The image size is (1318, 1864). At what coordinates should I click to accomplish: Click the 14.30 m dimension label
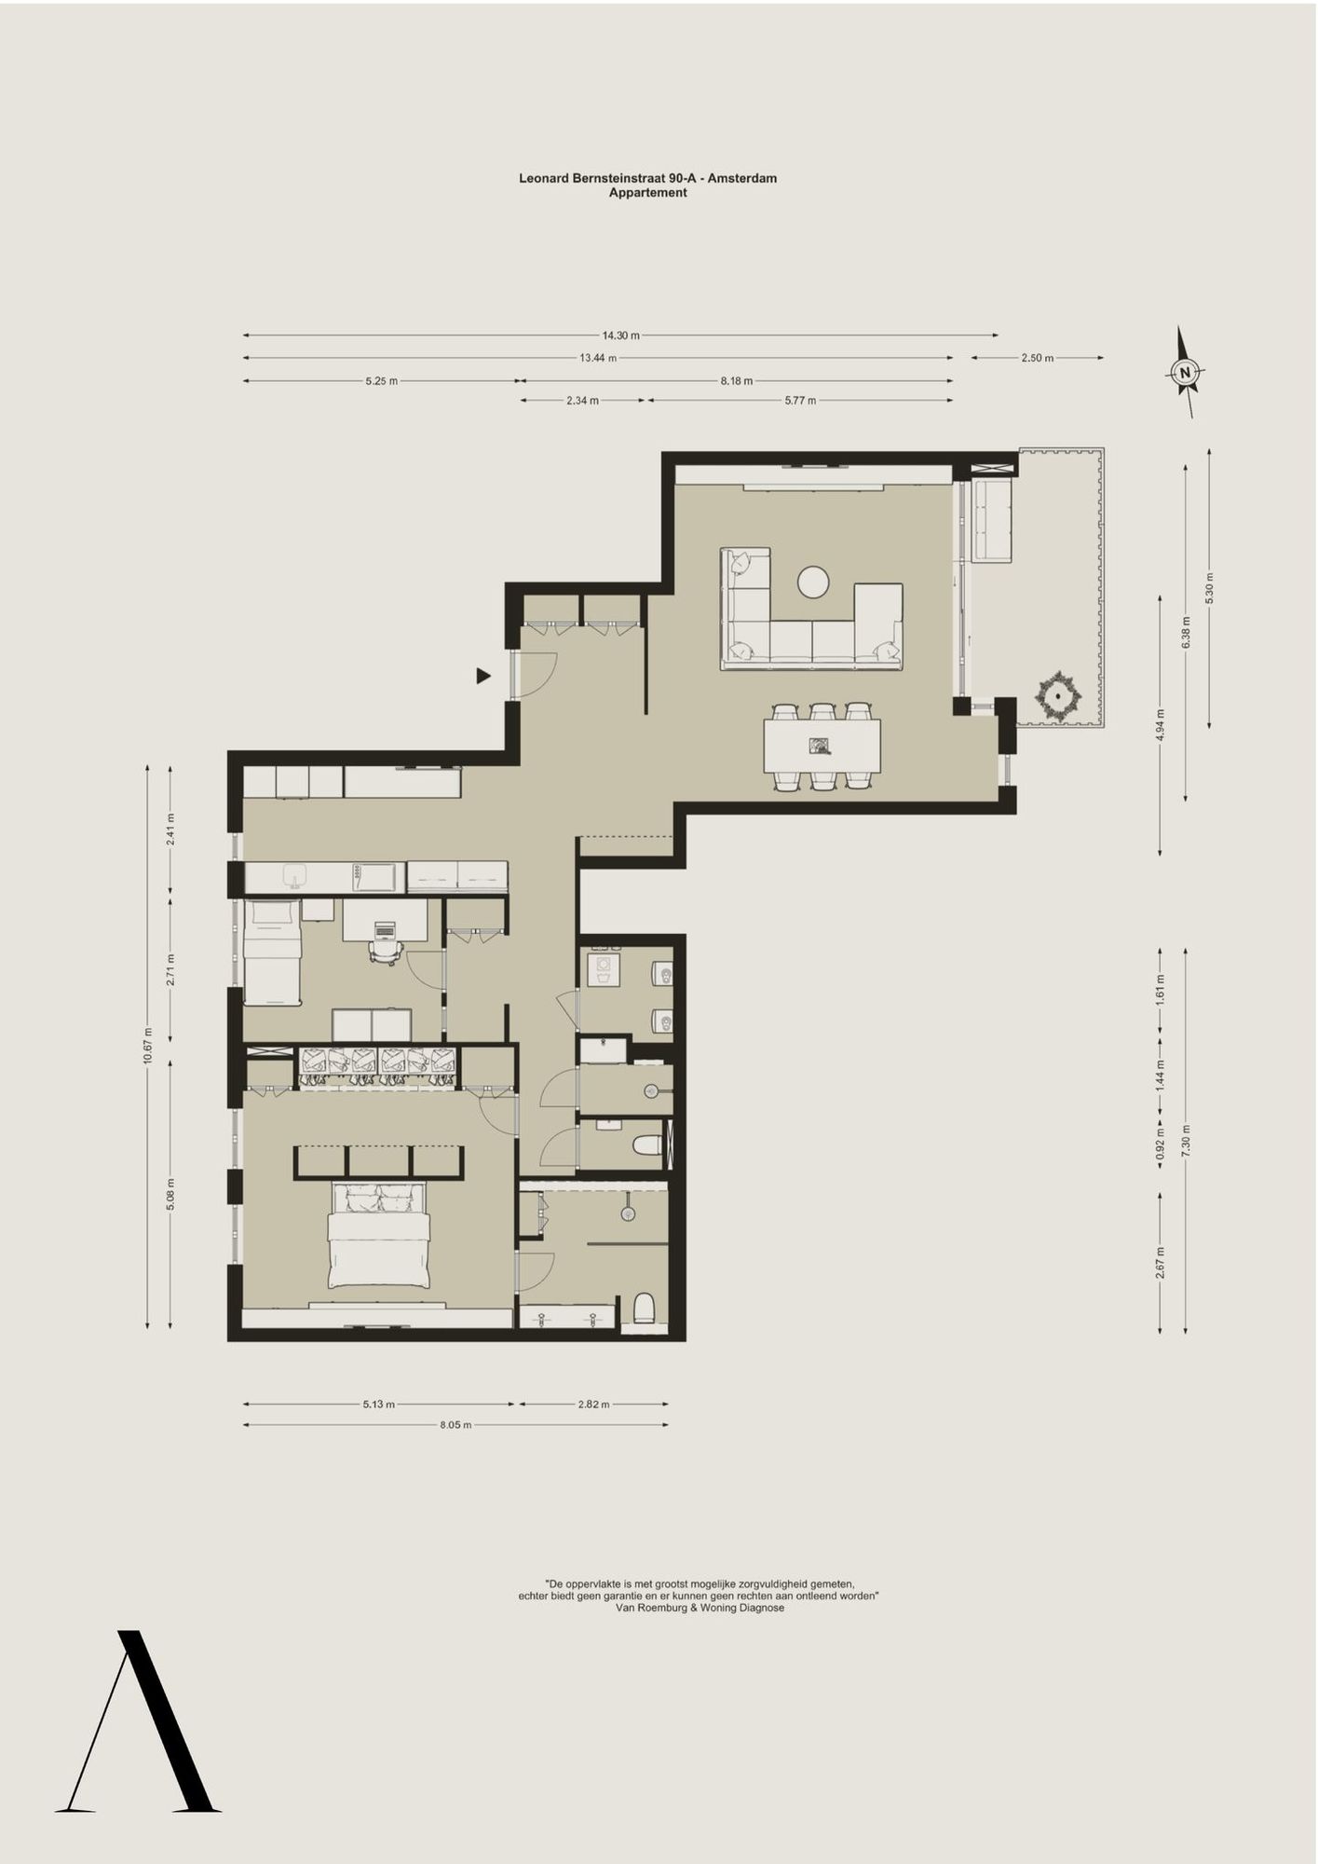click(x=620, y=336)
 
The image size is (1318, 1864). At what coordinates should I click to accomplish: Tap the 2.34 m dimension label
click(x=582, y=401)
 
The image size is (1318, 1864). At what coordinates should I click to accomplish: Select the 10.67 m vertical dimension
click(x=147, y=1047)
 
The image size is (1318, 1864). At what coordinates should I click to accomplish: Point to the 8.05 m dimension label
click(x=455, y=1425)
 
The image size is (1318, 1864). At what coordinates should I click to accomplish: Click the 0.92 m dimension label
click(x=1160, y=1152)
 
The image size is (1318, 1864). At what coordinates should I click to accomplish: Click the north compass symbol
click(x=1185, y=373)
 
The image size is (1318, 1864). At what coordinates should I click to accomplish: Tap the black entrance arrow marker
click(x=483, y=676)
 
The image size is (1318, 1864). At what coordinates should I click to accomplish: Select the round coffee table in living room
click(x=813, y=582)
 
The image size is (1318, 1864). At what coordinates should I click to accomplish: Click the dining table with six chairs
click(x=822, y=747)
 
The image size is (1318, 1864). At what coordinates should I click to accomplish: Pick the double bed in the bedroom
click(x=378, y=1235)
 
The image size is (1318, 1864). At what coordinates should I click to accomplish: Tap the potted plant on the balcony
click(x=1059, y=695)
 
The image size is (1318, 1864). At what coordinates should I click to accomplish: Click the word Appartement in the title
click(x=648, y=193)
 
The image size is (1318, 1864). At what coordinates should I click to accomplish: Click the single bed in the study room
click(x=272, y=953)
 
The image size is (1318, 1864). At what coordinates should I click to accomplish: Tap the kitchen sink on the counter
click(x=294, y=876)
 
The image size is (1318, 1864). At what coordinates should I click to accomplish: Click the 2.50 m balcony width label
click(x=1037, y=358)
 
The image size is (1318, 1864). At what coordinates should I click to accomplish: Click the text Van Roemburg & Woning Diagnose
click(x=700, y=1608)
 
